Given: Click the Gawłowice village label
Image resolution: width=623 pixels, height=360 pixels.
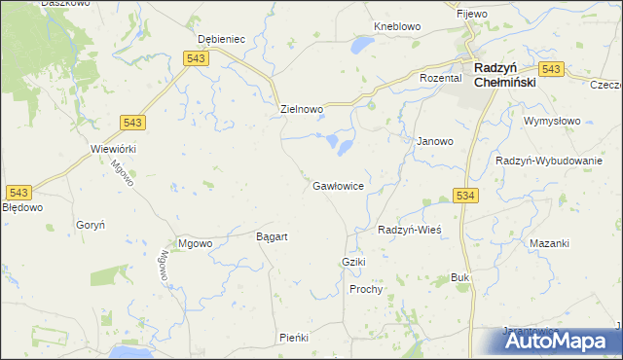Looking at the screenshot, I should (x=339, y=185).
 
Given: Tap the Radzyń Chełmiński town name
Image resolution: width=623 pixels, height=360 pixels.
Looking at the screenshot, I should (x=508, y=76).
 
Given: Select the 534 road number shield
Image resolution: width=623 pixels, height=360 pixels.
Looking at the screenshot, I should (x=465, y=197).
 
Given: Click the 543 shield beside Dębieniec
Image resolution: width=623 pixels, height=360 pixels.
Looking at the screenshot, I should (x=194, y=59).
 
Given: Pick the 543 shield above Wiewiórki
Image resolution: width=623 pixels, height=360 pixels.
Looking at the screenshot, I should (x=134, y=121).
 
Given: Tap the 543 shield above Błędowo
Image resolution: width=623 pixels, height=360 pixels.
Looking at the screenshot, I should (x=18, y=192).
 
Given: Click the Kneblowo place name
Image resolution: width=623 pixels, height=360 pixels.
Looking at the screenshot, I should (x=395, y=27).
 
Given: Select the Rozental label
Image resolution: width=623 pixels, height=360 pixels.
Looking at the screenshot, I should (x=439, y=78).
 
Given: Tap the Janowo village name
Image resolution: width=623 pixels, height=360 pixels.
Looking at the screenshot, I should (x=435, y=141).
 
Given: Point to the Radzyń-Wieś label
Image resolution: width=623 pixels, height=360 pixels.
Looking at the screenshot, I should (x=410, y=230).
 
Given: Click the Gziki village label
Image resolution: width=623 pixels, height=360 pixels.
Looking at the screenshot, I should (x=352, y=264).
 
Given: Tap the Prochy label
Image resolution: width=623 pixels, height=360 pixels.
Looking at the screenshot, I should (x=366, y=289).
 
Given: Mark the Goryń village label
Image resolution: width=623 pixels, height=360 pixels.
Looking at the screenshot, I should (x=90, y=224).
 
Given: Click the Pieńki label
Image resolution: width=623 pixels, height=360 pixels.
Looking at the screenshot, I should (x=293, y=337).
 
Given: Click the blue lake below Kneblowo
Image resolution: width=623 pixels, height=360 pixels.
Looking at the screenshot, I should (x=361, y=45).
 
